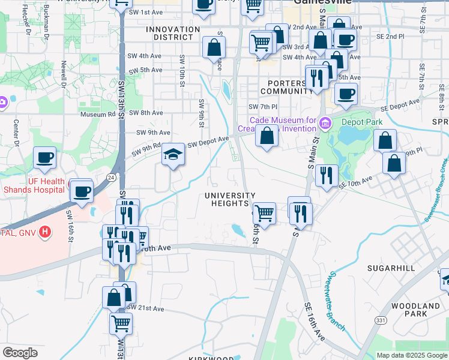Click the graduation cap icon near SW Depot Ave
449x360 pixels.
(x=172, y=155)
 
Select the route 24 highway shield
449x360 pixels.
(x=111, y=178)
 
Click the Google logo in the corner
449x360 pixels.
(x=20, y=353)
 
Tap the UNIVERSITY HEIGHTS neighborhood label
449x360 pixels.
(x=230, y=200)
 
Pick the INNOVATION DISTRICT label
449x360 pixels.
(x=173, y=33)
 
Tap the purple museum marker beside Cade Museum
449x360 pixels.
(x=325, y=124)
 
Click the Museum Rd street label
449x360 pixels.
(x=97, y=114)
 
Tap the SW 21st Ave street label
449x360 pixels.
(x=146, y=308)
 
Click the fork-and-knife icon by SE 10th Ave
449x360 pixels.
(x=326, y=175)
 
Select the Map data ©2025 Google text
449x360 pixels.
(x=411, y=355)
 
